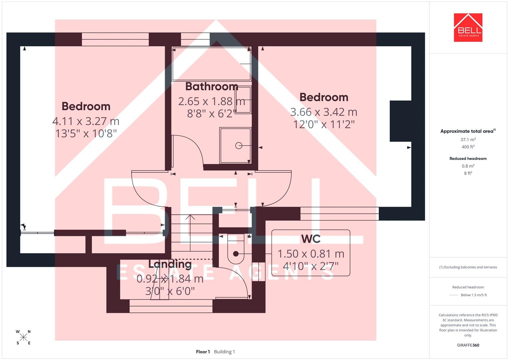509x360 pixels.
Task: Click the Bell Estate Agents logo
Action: click(x=468, y=27)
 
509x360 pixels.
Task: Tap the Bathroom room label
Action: click(x=212, y=86)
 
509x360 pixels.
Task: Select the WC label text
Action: click(x=311, y=239)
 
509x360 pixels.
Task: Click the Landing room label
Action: click(x=170, y=264)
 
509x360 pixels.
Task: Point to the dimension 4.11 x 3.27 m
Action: click(x=86, y=121)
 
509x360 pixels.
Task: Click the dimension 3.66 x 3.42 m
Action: click(x=324, y=112)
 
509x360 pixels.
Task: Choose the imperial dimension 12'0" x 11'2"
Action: click(x=324, y=124)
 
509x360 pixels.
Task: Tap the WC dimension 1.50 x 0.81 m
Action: click(x=311, y=254)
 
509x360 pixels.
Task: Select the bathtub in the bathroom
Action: click(x=212, y=64)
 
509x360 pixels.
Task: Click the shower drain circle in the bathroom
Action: click(x=239, y=145)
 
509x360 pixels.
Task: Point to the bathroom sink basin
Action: click(x=243, y=100)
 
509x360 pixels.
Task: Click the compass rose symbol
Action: click(x=23, y=337)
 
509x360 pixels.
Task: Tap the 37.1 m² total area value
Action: click(x=468, y=140)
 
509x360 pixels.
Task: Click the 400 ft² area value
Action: click(x=468, y=147)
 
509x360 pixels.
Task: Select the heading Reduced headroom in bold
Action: click(x=468, y=159)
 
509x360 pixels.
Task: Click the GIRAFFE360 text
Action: click(x=468, y=345)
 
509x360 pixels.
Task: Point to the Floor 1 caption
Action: click(x=203, y=352)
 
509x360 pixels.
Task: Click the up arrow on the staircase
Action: click(x=190, y=233)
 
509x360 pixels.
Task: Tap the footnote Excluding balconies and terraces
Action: click(x=468, y=267)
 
